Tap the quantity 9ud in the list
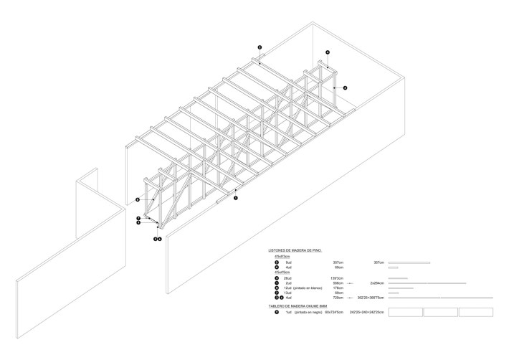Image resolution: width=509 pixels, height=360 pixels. pyautogui.click(x=289, y=262)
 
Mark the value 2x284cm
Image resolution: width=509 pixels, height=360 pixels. pyautogui.click(x=378, y=283)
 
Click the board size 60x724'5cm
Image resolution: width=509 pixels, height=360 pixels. pyautogui.click(x=335, y=313)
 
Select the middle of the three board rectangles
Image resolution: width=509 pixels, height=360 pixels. pyautogui.click(x=440, y=313)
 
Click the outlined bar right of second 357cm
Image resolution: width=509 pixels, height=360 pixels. pyautogui.click(x=409, y=262)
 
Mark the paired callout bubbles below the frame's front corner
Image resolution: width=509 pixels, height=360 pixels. pyautogui.click(x=157, y=239)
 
